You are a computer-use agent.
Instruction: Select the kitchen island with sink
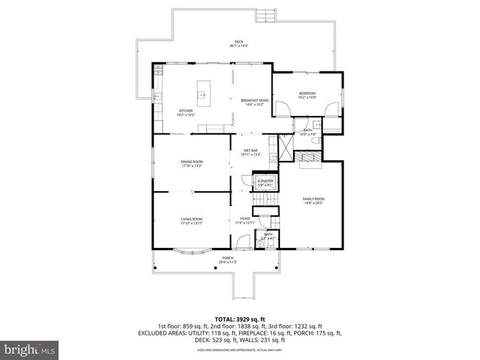coord(202,94)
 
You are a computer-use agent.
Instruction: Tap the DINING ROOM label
coord(191,164)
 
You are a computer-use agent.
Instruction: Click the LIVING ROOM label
coord(192,221)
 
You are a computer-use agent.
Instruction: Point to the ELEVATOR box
coord(265,181)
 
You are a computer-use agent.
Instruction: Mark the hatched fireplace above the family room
coord(308,156)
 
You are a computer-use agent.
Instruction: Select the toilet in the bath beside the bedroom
coord(315,140)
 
